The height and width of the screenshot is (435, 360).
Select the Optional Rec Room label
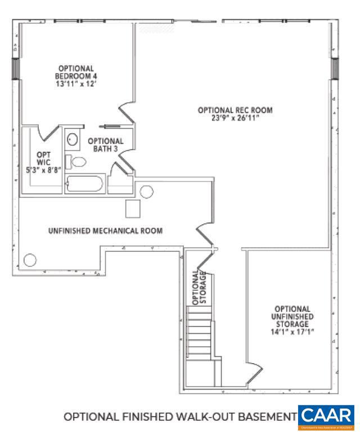click(235, 110)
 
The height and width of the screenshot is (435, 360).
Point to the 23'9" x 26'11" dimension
click(235, 118)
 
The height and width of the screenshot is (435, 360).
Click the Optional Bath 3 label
click(105, 144)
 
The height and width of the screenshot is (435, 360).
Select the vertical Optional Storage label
click(200, 287)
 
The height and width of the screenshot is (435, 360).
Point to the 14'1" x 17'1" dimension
click(291, 332)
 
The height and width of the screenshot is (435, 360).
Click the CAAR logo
click(326, 416)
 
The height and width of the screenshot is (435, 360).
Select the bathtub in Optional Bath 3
click(84, 184)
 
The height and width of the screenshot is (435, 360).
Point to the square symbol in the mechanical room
click(133, 209)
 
